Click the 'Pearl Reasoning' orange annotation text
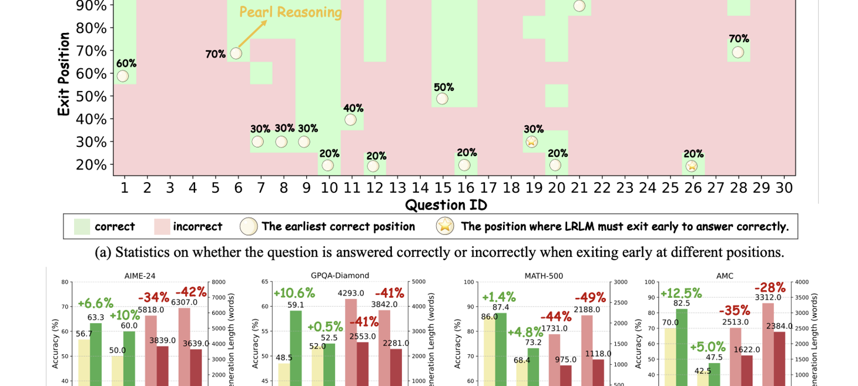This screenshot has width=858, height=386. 290,12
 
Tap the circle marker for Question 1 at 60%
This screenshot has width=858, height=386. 122,76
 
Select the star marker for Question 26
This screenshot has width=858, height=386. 692,166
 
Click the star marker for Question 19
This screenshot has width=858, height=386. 531,142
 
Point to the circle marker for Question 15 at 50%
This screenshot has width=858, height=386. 442,99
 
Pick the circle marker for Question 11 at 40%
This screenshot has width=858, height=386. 351,120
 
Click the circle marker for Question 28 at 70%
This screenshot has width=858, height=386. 738,52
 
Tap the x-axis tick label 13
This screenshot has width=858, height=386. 397,188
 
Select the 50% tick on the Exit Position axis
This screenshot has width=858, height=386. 91,96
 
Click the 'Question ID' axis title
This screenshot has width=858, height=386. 446,205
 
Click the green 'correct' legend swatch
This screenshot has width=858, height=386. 82,227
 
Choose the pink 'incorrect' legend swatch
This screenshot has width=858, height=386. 162,227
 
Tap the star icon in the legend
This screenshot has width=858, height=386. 445,226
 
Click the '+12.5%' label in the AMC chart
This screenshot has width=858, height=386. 681,293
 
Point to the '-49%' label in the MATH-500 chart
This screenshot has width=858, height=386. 590,297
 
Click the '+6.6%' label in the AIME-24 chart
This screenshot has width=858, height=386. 95,304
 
